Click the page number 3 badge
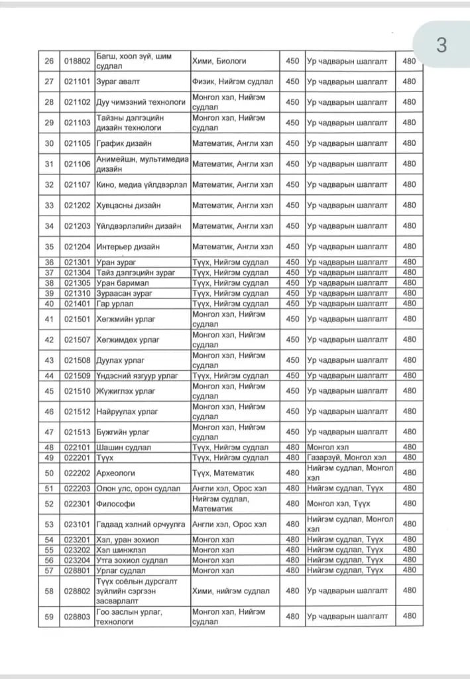pos(441,46)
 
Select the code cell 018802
pos(77,61)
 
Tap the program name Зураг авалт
pos(118,82)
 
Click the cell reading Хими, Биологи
pos(219,61)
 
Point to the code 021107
pos(77,184)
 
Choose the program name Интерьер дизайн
pos(128,247)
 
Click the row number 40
pos(49,303)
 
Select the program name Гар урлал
pos(115,303)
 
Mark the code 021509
pos(77,376)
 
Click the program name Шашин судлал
pos(123,448)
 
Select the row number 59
pos(49,617)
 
